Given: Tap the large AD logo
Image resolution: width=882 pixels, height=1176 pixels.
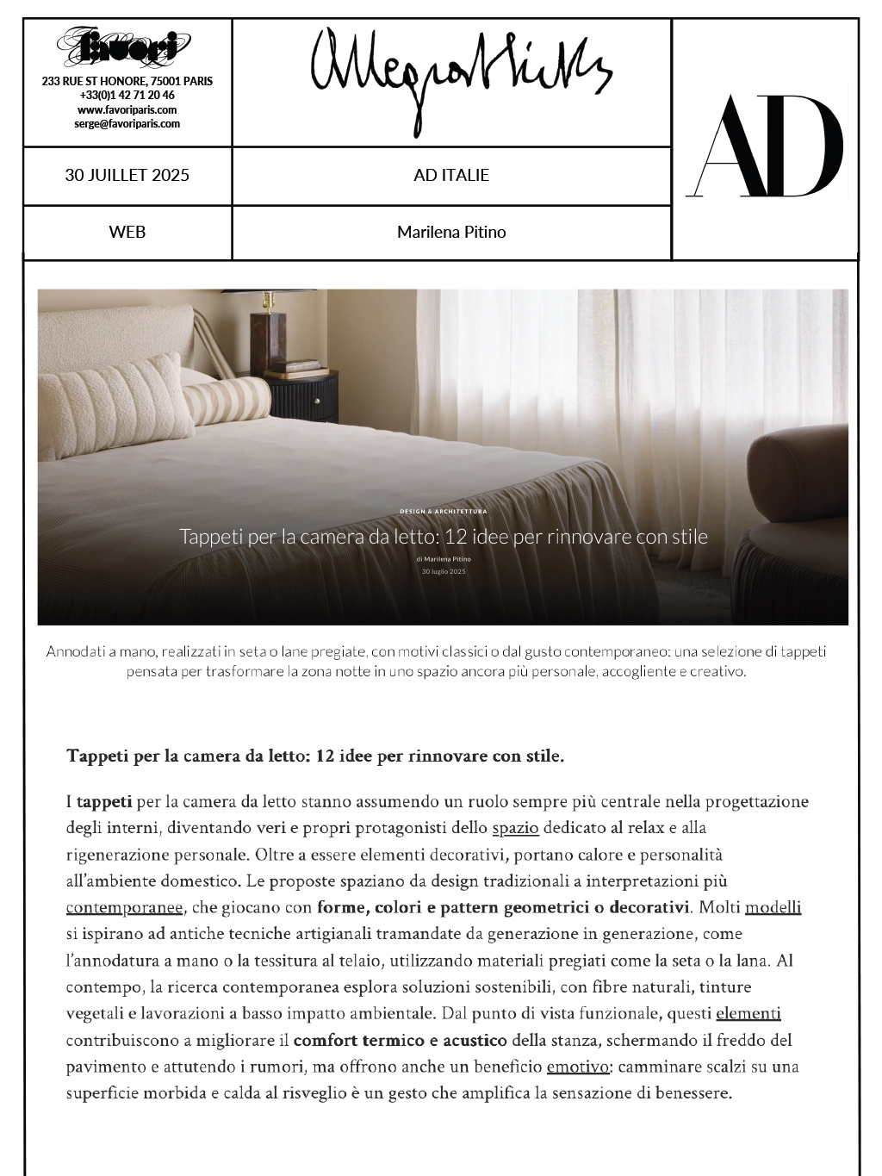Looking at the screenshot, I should pyautogui.click(x=766, y=146).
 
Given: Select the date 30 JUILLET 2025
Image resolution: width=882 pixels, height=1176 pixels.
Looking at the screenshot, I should pyautogui.click(x=127, y=176).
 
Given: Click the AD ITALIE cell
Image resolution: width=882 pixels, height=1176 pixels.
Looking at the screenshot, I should pyautogui.click(x=451, y=176).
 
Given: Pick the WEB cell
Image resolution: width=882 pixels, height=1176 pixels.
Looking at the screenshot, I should pyautogui.click(x=127, y=232).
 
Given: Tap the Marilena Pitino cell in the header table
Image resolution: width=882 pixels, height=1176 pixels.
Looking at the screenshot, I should pyautogui.click(x=451, y=232).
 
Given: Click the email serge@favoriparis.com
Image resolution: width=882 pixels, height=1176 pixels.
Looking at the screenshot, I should pyautogui.click(x=127, y=123).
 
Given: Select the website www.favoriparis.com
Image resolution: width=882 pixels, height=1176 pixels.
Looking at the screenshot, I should pyautogui.click(x=127, y=109).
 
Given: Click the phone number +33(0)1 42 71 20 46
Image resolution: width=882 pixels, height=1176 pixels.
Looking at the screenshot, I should pyautogui.click(x=127, y=96).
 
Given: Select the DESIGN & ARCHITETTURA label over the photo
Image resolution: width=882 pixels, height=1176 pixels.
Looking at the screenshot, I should pyautogui.click(x=444, y=512).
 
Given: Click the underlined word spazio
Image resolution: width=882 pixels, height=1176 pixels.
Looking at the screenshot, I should pyautogui.click(x=515, y=829).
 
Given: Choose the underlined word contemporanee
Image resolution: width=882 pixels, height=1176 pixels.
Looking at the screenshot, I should pyautogui.click(x=124, y=908).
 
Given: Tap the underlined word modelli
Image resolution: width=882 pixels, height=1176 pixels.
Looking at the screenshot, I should pyautogui.click(x=773, y=908).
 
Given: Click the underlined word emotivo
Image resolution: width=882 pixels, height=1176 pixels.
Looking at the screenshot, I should pyautogui.click(x=578, y=1067).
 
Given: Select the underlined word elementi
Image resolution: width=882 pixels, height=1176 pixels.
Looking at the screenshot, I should pyautogui.click(x=748, y=1014).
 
